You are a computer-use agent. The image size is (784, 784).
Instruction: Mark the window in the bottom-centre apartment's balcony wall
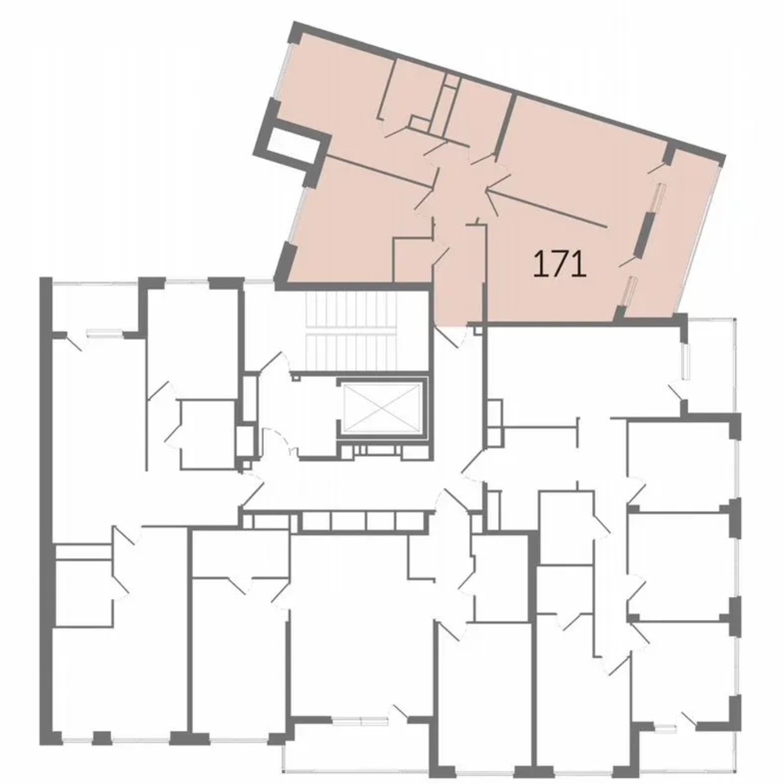360,721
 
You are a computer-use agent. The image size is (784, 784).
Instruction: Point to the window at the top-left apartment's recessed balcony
105,331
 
